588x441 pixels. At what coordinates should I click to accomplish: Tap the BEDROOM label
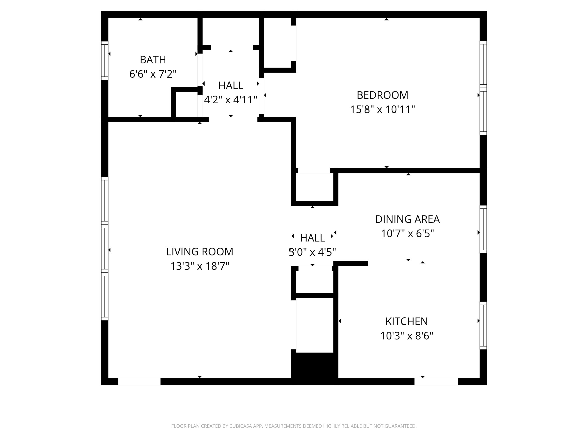(x=382, y=95)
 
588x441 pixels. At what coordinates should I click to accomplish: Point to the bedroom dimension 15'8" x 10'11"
(x=382, y=110)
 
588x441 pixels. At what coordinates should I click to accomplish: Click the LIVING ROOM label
(x=200, y=252)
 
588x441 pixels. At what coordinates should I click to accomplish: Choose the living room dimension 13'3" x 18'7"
(x=200, y=266)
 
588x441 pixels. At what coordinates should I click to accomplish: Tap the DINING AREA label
(x=407, y=219)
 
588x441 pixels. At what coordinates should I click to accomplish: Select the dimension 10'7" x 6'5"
(x=407, y=234)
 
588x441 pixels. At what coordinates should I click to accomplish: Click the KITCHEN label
(x=407, y=322)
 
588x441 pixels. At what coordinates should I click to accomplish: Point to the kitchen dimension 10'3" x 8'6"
(x=407, y=336)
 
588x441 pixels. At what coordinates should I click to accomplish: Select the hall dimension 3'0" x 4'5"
(x=312, y=252)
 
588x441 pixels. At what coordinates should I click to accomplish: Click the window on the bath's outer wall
(x=105, y=61)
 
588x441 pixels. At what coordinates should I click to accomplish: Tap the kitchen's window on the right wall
(x=483, y=326)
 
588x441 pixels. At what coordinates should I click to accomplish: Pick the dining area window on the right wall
(x=483, y=229)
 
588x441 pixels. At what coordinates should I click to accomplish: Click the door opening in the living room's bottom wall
(x=139, y=382)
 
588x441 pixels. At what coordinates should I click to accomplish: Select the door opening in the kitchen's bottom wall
(x=436, y=382)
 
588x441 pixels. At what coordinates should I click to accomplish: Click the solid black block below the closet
(x=315, y=368)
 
